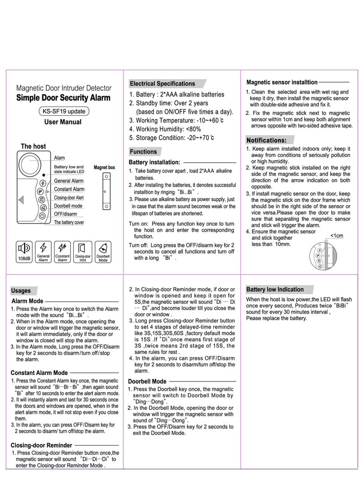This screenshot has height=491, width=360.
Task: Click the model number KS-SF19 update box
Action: [63, 111]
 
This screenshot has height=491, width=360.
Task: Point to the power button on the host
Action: [41, 216]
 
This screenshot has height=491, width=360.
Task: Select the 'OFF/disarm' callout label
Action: [66, 214]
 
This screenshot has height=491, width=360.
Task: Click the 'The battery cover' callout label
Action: [69, 222]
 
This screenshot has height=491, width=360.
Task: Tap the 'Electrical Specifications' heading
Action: [162, 84]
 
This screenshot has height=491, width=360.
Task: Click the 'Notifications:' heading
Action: [266, 140]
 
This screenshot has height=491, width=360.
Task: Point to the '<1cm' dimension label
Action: [336, 236]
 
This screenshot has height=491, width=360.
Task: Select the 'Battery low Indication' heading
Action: [274, 289]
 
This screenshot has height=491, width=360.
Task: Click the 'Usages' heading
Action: [21, 291]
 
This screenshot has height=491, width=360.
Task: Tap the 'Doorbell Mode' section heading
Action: [147, 381]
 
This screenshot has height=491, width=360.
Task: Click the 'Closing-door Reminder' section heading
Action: [41, 446]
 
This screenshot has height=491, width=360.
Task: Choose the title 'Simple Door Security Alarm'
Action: [63, 98]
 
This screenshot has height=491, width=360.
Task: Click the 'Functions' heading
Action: [144, 152]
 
